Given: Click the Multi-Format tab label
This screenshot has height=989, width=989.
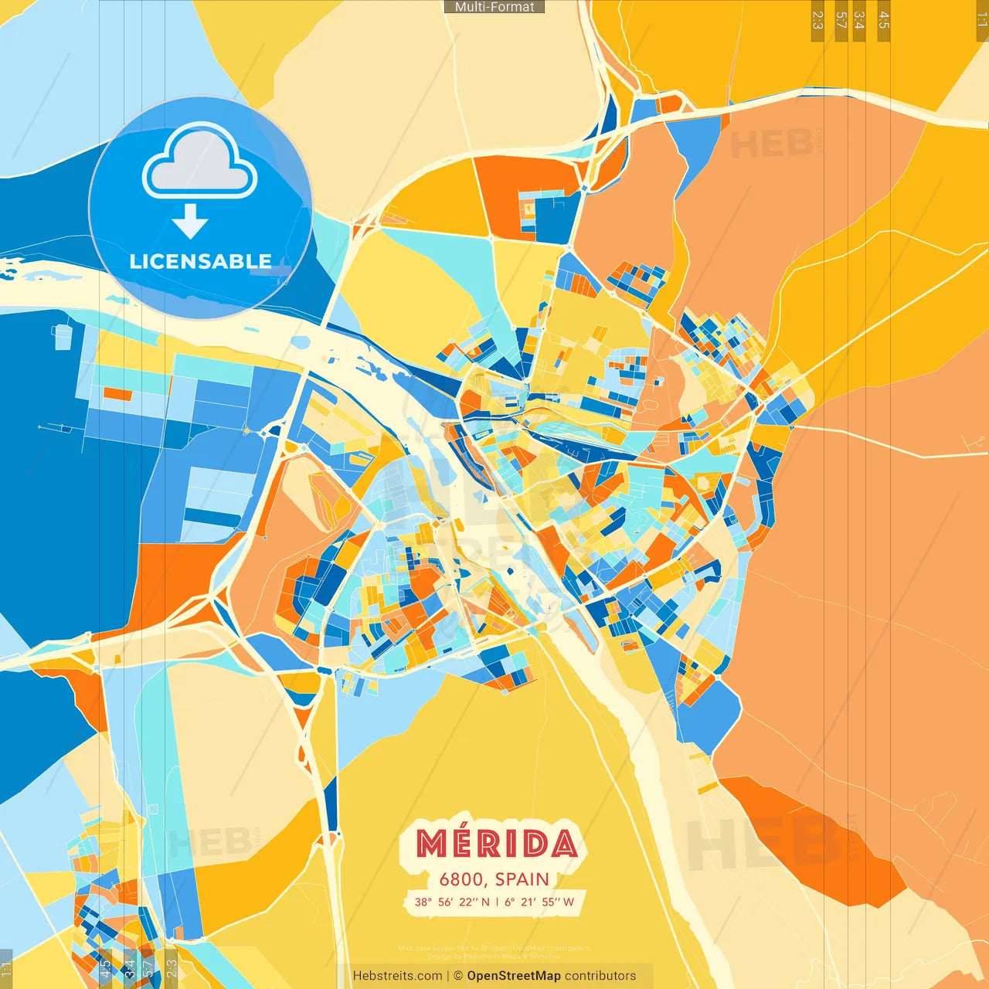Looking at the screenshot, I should (x=494, y=7).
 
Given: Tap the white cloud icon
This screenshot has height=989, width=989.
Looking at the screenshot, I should (x=199, y=161).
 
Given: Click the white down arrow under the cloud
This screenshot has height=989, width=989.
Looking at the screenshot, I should (x=190, y=222).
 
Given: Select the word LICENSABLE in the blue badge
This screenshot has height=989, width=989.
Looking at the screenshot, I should (x=200, y=262).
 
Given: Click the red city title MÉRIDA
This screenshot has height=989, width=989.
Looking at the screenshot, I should (x=496, y=844).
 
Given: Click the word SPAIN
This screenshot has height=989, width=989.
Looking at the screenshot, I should (x=522, y=879).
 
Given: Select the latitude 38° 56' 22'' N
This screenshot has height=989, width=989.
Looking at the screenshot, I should (x=452, y=902).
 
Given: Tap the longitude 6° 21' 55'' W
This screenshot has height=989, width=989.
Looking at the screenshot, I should (x=539, y=902).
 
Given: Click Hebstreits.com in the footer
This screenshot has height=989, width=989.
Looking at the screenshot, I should (x=397, y=976).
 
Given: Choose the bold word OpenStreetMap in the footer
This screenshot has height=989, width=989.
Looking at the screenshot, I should (x=514, y=976).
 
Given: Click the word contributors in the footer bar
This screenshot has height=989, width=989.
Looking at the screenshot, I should (x=600, y=976).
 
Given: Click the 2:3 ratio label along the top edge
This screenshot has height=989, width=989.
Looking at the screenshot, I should (x=817, y=19).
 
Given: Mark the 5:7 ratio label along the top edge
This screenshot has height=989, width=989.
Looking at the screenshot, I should (x=841, y=19).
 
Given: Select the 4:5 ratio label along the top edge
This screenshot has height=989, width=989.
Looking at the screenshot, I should (x=884, y=19).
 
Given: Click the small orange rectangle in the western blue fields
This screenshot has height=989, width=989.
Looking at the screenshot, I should (x=117, y=394).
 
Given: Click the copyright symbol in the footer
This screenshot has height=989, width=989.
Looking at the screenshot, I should (x=458, y=976).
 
